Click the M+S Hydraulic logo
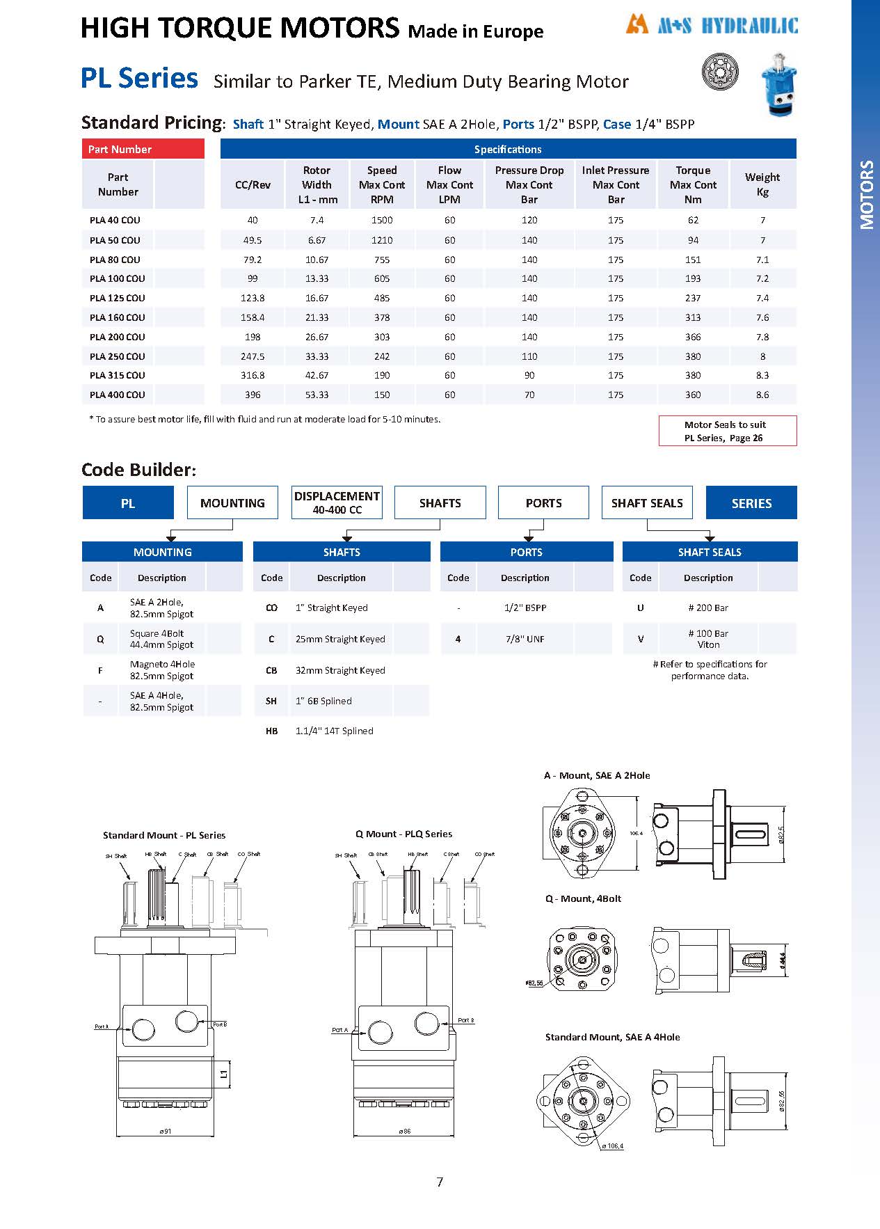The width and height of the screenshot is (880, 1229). [711, 26]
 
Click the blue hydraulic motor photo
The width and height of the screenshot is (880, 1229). [778, 84]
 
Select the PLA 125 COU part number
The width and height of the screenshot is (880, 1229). [118, 298]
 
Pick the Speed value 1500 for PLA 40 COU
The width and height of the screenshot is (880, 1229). [382, 220]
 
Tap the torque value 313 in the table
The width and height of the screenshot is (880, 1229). [693, 317]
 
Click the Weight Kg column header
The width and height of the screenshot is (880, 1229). [762, 184]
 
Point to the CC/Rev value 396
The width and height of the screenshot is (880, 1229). [253, 395]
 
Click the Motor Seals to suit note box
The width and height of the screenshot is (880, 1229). [727, 431]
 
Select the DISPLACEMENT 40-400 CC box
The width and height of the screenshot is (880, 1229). [337, 502]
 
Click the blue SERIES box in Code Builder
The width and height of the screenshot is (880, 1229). [751, 502]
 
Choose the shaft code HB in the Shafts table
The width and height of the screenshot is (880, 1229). [271, 731]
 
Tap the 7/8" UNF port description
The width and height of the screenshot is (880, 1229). [525, 639]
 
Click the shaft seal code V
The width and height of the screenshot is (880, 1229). [641, 639]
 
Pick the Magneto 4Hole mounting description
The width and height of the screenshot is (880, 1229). [162, 669]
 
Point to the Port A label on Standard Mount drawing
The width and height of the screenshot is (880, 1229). [102, 1026]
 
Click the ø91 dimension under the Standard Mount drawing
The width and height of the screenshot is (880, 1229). [165, 1132]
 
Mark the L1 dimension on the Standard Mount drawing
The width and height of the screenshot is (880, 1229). [224, 1074]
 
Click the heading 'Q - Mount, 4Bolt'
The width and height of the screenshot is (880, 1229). [583, 898]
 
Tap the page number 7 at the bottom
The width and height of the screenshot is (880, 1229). [440, 1182]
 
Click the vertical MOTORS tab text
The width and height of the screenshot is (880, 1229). [866, 195]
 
